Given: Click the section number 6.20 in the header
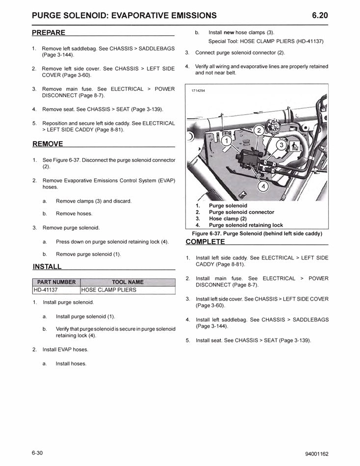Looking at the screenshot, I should point(320,15).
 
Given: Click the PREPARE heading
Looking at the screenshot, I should point(49,33).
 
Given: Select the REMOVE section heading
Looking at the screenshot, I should point(48,144).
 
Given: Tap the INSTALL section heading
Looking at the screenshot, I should point(47,267).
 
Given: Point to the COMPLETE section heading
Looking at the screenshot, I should point(205,242).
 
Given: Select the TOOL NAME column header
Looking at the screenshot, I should point(128,282).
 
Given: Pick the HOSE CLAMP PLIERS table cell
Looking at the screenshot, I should point(109,290).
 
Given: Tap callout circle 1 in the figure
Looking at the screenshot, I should point(226,141).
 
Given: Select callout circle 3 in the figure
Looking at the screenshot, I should point(281,145).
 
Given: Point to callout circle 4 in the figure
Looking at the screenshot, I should point(263,187).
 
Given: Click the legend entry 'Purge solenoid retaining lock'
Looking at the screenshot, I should point(246,225).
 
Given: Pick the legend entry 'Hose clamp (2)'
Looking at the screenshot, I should point(229,219).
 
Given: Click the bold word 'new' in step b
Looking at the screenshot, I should point(229,32).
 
